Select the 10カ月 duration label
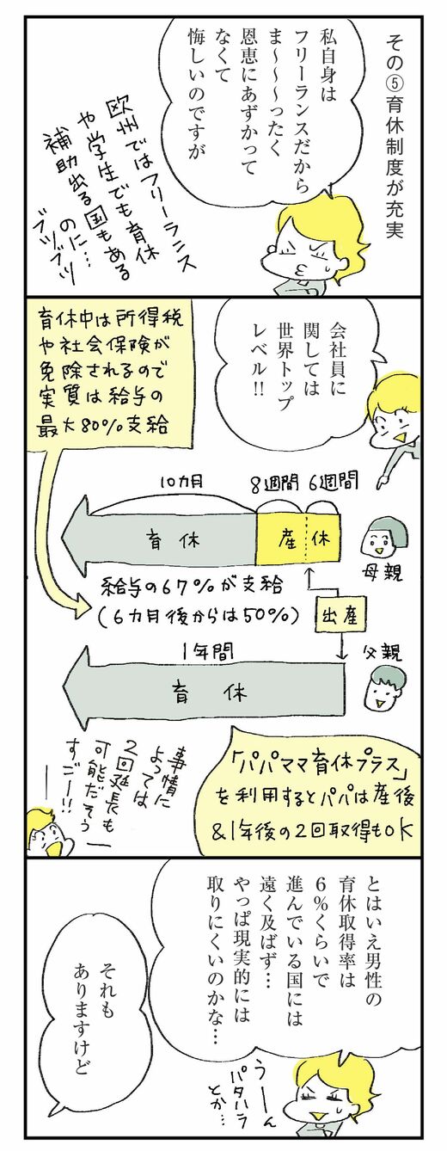[182, 482]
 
